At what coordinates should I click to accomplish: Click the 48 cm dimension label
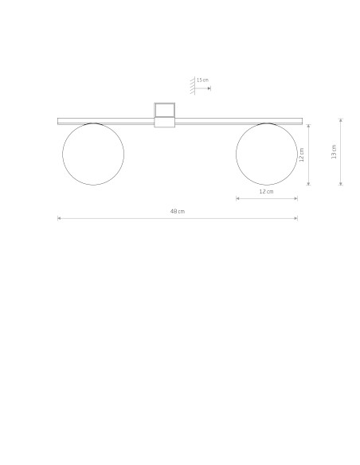point(178,212)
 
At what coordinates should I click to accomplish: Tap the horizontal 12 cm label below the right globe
point(266,192)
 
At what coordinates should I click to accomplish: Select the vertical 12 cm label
point(302,154)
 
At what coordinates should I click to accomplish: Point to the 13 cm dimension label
point(334,152)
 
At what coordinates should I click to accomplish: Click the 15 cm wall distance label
point(202,80)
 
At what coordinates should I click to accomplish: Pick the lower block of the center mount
point(165,123)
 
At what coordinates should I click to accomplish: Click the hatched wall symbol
point(193,86)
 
